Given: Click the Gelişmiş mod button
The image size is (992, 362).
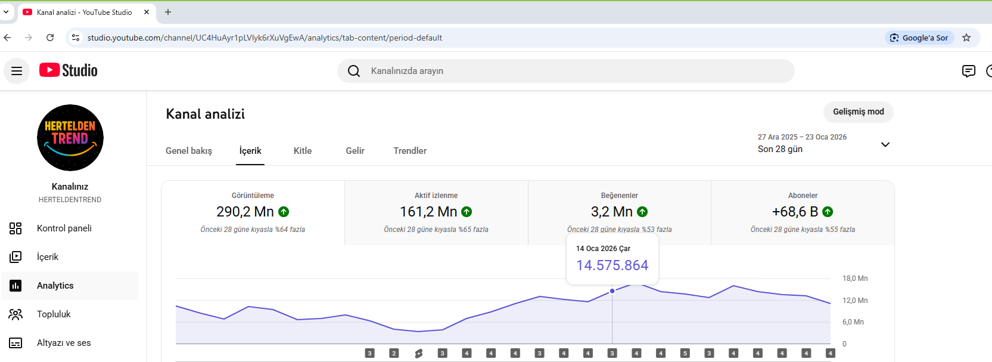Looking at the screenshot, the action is coord(859,112).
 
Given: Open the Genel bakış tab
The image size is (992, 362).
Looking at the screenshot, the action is coord(189,151).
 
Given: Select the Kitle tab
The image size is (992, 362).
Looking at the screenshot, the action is coord(303,151).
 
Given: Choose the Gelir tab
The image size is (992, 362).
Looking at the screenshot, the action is coord(355,151).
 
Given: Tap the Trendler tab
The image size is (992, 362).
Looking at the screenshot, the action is coord(410,151).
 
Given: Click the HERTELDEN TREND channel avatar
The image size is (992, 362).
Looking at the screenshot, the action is coord(70,138).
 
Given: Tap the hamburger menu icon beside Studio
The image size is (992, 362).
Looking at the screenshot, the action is coord(17,71).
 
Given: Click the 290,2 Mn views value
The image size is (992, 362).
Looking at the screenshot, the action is coord(245,212).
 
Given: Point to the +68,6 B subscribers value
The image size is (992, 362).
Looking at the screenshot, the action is coord(795,212).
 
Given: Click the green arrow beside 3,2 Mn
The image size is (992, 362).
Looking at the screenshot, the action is coord(642,212).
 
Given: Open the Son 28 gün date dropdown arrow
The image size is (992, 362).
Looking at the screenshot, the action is coord(885,144).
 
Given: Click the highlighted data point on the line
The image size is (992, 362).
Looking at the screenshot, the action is coord(612,291).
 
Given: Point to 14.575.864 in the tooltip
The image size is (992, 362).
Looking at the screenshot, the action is coord(612,265).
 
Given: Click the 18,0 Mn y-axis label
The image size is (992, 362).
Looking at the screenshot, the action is coord(855,279).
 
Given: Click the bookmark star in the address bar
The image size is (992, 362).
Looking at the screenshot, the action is coord(966,38).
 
